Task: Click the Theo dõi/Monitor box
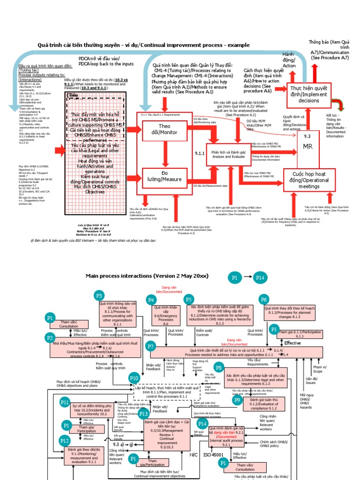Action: [x=164, y=130]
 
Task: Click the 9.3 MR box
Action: [x=307, y=142]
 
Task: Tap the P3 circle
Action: [x=99, y=296]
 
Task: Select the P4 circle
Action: [x=150, y=300]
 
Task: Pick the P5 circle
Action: [x=188, y=300]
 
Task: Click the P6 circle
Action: [x=264, y=300]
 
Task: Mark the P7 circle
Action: [x=150, y=346]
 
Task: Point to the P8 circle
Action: [x=218, y=367]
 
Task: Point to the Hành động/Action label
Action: [x=289, y=60]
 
